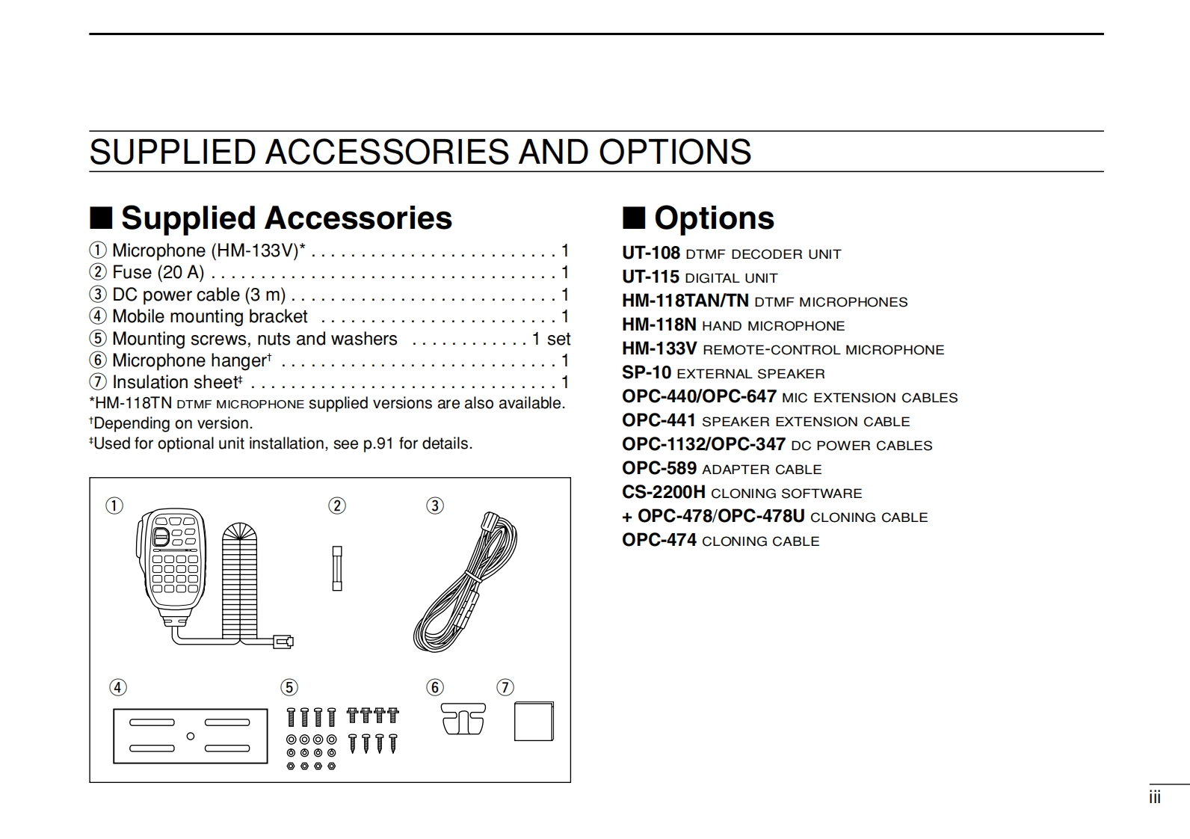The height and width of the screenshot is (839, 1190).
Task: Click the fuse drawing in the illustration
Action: coord(337,568)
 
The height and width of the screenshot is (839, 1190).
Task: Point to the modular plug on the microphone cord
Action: coord(283,641)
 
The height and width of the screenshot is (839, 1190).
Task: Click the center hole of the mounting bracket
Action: coord(191,737)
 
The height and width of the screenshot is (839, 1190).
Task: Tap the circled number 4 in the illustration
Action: coord(118,687)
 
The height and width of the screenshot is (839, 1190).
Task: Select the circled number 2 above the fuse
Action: coord(337,506)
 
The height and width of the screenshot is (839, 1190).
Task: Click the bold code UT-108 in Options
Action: coord(651,253)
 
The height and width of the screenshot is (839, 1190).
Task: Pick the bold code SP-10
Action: coord(647,372)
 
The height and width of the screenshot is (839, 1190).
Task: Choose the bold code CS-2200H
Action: coord(664,492)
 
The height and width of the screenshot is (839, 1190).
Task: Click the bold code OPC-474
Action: coord(659,540)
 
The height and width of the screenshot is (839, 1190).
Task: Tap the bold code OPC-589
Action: coord(659,468)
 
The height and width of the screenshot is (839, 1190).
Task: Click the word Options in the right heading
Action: coord(714,218)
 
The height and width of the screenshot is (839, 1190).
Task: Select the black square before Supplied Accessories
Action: coord(101,218)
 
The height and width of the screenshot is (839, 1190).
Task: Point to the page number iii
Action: coord(1155,798)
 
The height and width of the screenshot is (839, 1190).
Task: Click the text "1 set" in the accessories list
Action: coord(551,339)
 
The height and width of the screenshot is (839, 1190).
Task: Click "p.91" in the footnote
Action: coord(378,443)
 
